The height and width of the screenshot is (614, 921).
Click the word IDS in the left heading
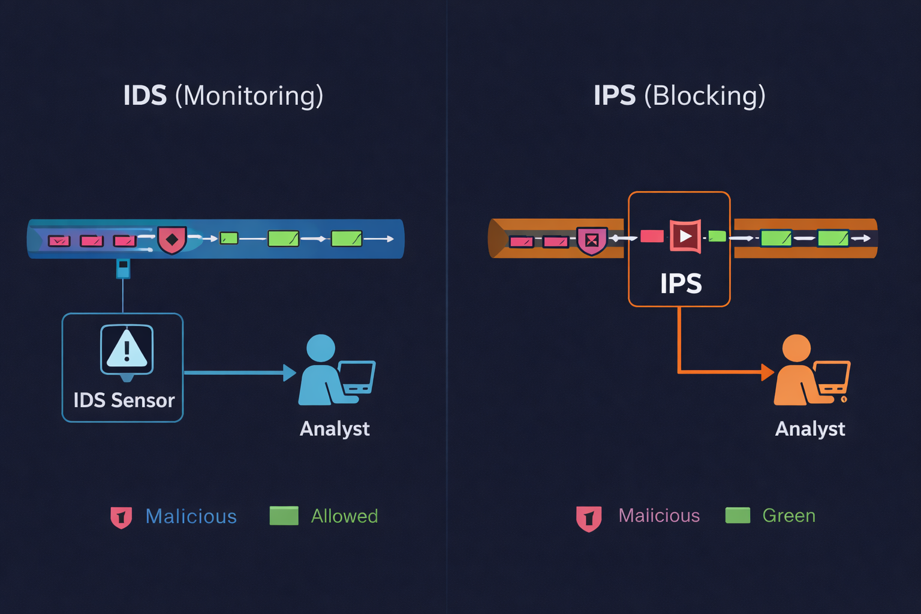click(145, 96)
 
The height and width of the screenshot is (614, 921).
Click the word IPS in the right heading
click(615, 96)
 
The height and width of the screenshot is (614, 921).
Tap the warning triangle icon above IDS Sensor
click(127, 349)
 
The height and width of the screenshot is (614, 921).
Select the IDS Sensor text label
click(124, 400)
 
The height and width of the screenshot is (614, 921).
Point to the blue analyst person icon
click(322, 371)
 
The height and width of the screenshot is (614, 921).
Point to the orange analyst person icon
click(797, 371)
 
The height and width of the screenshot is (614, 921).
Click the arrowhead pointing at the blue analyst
click(290, 373)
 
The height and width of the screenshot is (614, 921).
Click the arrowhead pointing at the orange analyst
click(767, 372)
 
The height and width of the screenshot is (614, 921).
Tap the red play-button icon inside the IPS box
click(685, 236)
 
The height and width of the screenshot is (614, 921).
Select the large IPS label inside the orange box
click(681, 284)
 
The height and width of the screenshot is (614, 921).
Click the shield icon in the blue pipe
click(172, 240)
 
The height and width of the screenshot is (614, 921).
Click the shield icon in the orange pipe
click(592, 240)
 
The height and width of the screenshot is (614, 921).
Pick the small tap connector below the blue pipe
click(123, 268)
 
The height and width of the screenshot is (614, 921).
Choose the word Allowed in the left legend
click(344, 516)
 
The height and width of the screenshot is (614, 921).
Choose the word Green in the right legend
click(788, 516)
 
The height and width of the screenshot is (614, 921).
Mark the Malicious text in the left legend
click(191, 516)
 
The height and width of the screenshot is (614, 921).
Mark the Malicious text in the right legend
click(659, 516)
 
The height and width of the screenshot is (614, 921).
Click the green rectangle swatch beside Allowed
click(284, 516)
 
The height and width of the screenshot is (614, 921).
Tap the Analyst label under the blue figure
click(335, 429)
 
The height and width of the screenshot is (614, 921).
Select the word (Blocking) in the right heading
click(705, 96)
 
